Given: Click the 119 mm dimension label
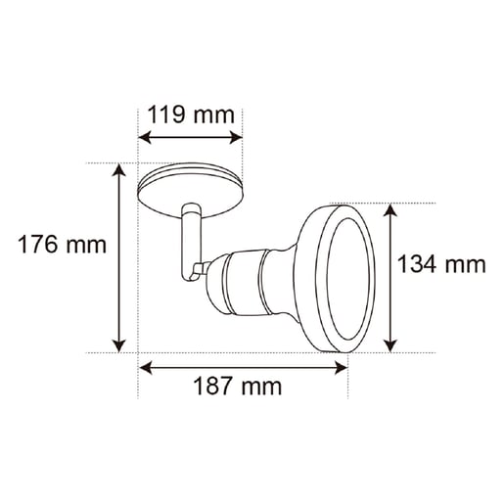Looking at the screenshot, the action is (x=191, y=115).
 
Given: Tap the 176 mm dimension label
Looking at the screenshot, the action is (x=62, y=245).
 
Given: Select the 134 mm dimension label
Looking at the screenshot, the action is (x=441, y=264).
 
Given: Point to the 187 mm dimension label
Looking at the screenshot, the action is (x=238, y=387).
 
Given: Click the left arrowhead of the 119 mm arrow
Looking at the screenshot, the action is (x=146, y=137).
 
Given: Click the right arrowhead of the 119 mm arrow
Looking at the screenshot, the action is (x=236, y=137).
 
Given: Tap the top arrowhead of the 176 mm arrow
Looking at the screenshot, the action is (x=118, y=170).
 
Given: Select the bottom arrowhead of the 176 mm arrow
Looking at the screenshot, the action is (x=118, y=345).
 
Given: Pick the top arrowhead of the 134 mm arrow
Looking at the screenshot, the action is (x=390, y=210).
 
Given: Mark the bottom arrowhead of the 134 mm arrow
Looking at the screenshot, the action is (x=390, y=345).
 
